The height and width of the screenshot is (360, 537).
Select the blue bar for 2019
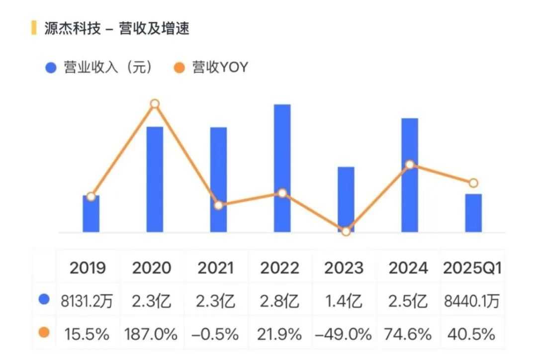tap(91, 214)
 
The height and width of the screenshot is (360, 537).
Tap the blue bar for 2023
tap(346, 199)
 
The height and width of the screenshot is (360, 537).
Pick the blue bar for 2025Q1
tap(473, 213)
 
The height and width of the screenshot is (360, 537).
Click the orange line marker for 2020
tap(155, 103)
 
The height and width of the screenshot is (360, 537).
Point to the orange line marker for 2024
tap(410, 165)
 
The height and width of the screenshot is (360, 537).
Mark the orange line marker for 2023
tap(346, 231)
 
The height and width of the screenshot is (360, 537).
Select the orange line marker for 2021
tap(218, 205)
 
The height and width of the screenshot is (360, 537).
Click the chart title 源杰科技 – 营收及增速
tap(116, 28)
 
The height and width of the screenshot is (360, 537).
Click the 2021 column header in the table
tap(216, 268)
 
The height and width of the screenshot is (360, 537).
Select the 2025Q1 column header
tap(472, 268)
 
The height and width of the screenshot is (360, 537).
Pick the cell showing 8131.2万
tap(88, 301)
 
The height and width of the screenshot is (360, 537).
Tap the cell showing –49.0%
tap(344, 334)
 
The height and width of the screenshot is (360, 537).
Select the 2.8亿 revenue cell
tap(279, 301)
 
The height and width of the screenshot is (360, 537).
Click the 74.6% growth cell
tap(408, 334)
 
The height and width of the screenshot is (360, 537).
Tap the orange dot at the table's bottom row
tap(44, 333)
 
